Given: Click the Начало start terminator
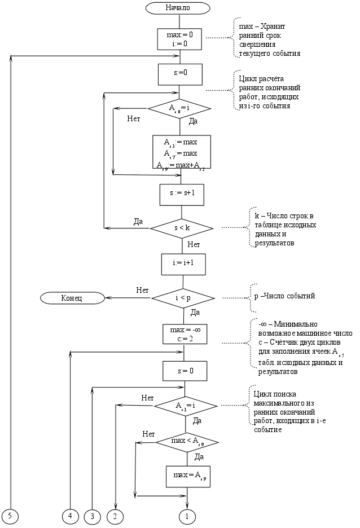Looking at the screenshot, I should (x=178, y=8).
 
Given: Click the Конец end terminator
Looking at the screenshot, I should (x=72, y=298).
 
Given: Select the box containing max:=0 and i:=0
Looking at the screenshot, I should (x=179, y=39).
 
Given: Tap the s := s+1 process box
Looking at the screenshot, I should (x=182, y=194).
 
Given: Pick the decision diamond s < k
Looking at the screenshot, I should (x=181, y=228).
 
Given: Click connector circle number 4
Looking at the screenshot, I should (x=70, y=515).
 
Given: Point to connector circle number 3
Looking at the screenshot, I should (x=91, y=515).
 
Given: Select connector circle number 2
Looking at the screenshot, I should (x=115, y=515).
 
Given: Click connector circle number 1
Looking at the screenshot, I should (x=187, y=515).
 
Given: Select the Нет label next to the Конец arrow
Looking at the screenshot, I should (x=142, y=290).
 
